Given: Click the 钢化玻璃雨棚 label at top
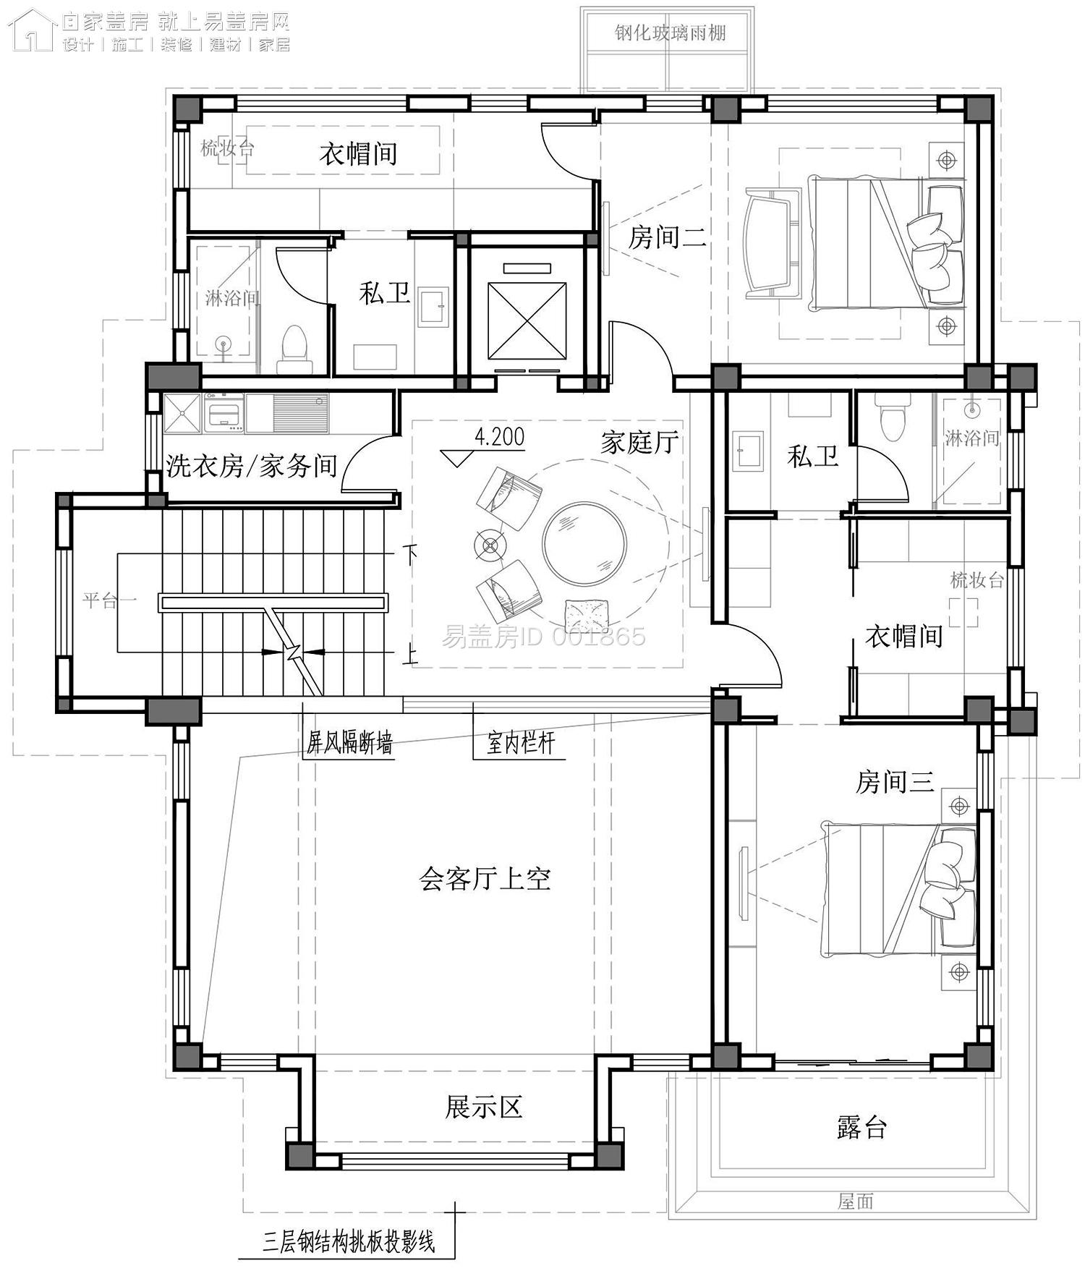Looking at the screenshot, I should coord(670,33).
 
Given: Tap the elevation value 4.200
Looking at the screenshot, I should coord(499,437).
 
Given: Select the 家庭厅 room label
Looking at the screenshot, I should coord(639,442).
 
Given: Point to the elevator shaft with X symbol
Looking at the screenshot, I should coord(527,320).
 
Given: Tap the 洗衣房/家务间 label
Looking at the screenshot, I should coord(252,465).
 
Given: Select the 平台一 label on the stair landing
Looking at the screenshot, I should coord(109,600).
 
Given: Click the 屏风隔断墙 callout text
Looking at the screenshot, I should coord(349,743).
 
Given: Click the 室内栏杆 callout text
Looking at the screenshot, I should coord(520,743).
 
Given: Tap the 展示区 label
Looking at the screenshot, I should coord(483,1107).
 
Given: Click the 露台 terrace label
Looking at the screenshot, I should coord(861,1127).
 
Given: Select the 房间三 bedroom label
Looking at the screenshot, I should coord(894,781).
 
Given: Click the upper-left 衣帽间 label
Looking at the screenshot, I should coord(358,153).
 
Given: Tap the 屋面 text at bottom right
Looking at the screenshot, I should coord(856,1202).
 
